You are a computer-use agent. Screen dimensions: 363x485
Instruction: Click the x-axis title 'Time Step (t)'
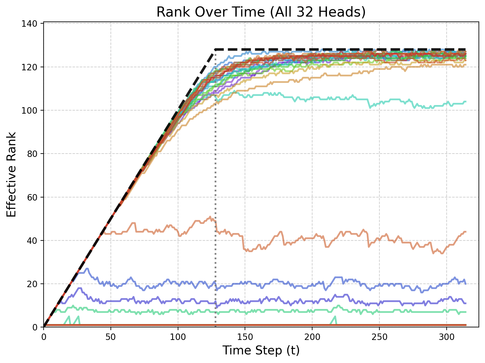[261, 350]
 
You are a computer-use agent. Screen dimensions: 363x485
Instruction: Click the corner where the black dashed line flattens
[215, 49]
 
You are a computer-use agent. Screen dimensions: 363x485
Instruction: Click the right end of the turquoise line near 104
[466, 102]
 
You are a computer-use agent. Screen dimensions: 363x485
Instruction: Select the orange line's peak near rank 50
[210, 217]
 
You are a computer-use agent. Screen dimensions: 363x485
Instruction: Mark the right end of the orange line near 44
[466, 232]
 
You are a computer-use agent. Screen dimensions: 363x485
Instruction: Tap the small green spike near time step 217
[335, 317]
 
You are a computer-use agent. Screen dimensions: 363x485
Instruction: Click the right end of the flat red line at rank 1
[466, 325]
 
